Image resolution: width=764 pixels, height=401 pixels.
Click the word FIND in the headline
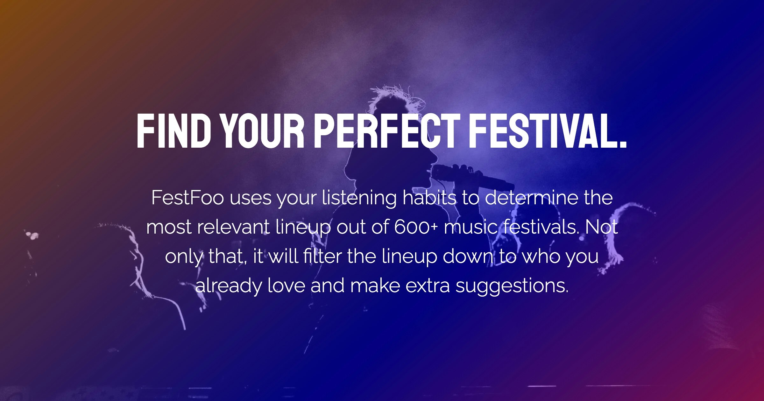tap(173, 131)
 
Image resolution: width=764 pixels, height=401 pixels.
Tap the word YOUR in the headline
tap(263, 131)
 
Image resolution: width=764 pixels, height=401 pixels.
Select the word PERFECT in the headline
tap(387, 131)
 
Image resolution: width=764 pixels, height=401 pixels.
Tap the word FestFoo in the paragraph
tap(187, 198)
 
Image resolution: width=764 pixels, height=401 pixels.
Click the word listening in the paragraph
tap(359, 198)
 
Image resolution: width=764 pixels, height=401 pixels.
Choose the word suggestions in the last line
tap(512, 286)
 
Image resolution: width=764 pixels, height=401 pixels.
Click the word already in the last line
tap(228, 286)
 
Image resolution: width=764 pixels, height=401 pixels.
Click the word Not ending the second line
tap(601, 227)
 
